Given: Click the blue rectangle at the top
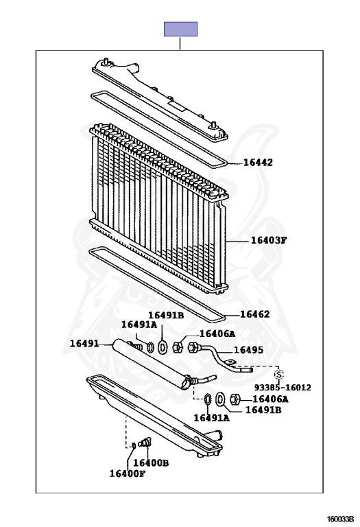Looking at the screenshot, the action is tap(180, 30).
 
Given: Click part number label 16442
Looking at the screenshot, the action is tap(258, 163).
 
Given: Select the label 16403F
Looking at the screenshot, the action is tap(269, 240).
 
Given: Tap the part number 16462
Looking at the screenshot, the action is tap(255, 314).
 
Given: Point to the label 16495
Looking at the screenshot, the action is tap(248, 350).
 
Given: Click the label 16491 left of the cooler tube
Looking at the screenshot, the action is tap(84, 344).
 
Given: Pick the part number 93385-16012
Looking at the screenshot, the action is tap(283, 388).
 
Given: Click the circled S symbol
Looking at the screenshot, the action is tap(278, 374).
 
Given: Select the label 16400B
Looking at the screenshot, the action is tap(151, 462).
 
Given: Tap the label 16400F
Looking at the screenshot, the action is tap(128, 473).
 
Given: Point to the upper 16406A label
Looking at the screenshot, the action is tap(217, 333).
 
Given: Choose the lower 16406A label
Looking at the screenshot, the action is tap(270, 399).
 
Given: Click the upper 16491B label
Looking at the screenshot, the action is tap(166, 315).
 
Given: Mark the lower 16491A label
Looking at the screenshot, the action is tap(212, 418).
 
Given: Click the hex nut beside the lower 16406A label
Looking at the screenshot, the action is tap(235, 399).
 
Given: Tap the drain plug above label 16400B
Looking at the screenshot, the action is tap(145, 443).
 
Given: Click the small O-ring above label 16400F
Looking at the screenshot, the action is tap(133, 445).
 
